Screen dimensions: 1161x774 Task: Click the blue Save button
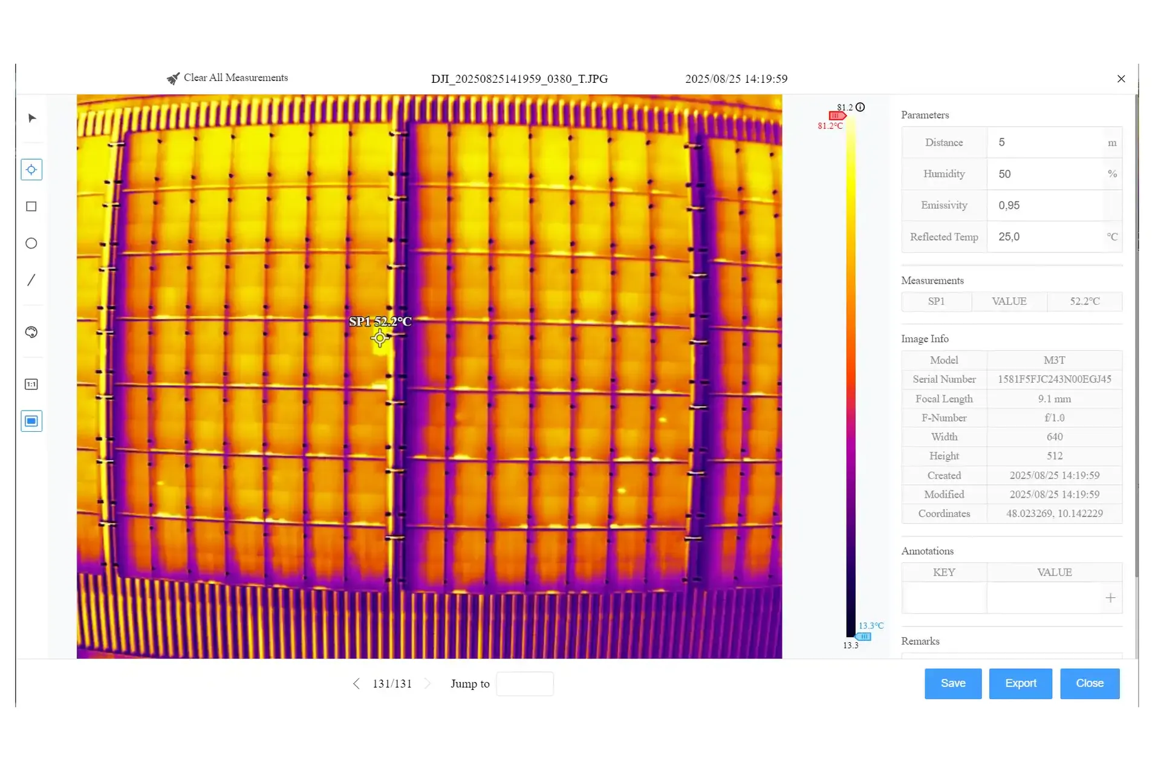952,683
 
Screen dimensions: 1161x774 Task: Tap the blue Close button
1090,683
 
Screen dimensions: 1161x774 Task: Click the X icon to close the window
1121,79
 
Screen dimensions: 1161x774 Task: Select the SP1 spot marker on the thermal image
380,338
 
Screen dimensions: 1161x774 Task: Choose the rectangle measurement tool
31,207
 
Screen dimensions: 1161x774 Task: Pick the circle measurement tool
31,243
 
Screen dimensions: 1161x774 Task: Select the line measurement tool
31,280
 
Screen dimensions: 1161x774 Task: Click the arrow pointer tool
32,118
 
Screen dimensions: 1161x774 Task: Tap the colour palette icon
31,332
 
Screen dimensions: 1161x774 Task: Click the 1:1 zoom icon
31,384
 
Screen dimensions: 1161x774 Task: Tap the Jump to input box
525,684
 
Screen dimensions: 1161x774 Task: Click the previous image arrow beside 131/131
356,684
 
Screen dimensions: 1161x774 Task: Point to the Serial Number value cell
1054,379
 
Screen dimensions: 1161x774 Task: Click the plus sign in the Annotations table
1110,598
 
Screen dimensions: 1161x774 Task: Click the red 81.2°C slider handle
837,115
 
